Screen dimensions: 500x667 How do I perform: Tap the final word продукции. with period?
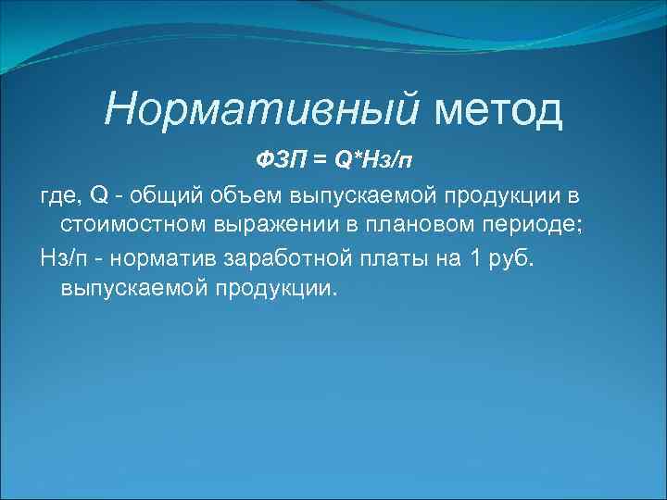coord(278,289)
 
